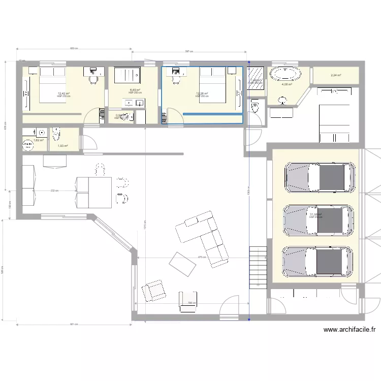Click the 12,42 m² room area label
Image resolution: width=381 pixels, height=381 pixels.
[x=63, y=93]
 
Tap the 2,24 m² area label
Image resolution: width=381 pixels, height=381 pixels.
[x=336, y=76]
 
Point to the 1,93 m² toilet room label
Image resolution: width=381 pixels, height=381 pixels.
[x=62, y=146]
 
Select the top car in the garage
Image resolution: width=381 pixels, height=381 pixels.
[x=320, y=178]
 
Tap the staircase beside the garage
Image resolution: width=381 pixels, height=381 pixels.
[x=258, y=267]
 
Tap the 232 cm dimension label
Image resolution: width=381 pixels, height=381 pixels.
[x=53, y=191]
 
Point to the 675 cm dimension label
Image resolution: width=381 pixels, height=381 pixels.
[x=202, y=257]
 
